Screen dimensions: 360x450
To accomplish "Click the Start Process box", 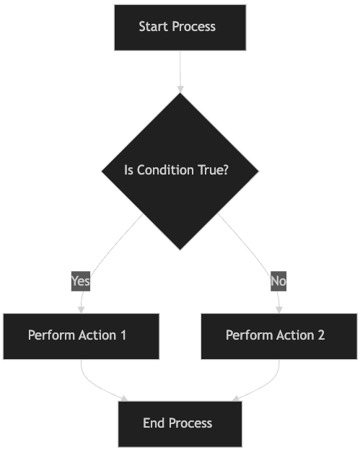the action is point(180,27).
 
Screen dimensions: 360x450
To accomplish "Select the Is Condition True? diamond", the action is point(180,172).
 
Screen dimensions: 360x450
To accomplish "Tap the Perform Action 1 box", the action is point(82,336).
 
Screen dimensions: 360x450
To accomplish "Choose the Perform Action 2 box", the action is point(279,336).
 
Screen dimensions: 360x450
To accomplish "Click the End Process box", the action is point(180,424).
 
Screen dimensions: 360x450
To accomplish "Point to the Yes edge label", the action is point(81,281).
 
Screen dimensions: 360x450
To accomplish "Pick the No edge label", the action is point(278,281).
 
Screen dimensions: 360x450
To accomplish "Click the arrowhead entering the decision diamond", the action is point(180,89).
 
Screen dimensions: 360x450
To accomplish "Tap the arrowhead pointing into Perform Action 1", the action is point(82,309).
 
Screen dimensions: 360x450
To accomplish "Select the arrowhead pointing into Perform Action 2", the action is point(279,309).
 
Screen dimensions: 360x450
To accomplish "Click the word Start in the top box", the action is point(153,27).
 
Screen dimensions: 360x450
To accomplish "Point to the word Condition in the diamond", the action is point(165,170).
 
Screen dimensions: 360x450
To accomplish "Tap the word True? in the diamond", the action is point(214,170).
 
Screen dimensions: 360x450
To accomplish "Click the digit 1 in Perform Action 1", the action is point(123,335).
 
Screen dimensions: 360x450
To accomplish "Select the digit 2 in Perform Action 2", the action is point(321,335).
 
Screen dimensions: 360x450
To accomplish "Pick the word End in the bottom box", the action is point(154,423).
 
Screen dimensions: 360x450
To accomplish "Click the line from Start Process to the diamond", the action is point(180,69).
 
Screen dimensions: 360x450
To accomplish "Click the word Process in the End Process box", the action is point(190,423).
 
